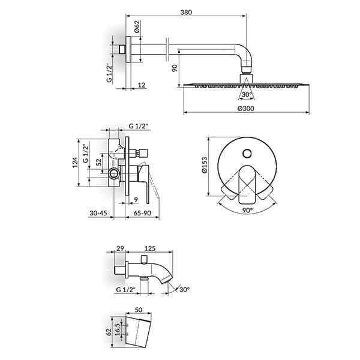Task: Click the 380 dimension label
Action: (186, 12)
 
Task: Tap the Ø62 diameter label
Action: (137, 26)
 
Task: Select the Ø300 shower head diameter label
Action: (246, 108)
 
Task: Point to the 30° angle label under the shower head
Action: (247, 94)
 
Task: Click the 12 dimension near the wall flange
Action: (142, 85)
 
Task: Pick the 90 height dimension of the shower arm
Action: (175, 68)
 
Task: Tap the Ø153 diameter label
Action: (204, 164)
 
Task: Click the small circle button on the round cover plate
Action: (247, 154)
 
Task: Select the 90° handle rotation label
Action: (247, 210)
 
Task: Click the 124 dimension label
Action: (75, 163)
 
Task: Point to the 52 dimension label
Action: (98, 162)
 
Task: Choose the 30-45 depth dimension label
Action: (98, 213)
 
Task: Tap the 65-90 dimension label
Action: (142, 213)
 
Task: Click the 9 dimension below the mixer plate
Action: (136, 200)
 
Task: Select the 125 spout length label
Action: (150, 248)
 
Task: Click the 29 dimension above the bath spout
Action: (120, 248)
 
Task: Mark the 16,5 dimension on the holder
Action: (117, 329)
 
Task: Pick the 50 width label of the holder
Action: (139, 310)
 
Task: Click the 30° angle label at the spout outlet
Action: (184, 289)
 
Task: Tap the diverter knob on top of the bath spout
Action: (144, 259)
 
